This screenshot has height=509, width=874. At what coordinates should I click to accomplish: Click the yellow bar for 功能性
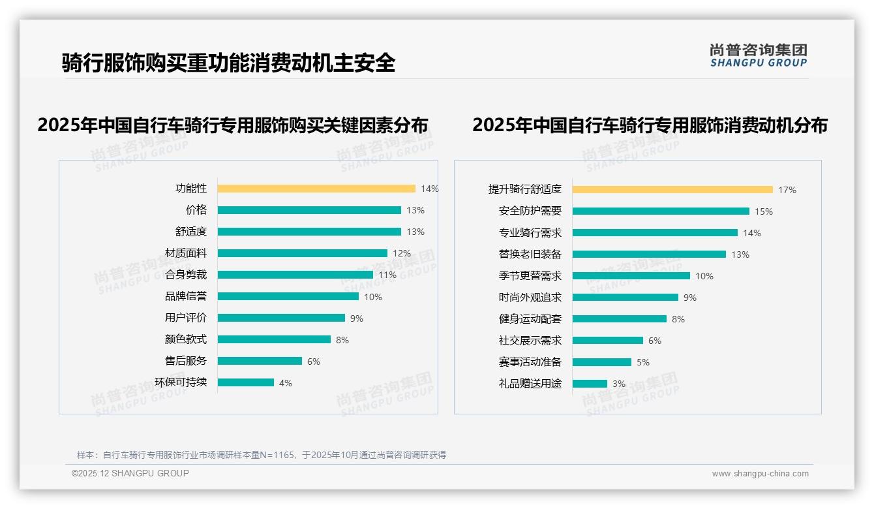pos(316,189)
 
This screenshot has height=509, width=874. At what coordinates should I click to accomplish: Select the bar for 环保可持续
pos(246,382)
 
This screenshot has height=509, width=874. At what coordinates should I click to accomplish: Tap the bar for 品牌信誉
pos(288,296)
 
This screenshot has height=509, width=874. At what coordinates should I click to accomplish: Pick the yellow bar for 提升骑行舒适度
pos(672,189)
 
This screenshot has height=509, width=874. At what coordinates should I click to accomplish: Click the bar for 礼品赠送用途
pos(590,384)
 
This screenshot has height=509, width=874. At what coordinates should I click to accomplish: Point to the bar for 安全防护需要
pos(661,211)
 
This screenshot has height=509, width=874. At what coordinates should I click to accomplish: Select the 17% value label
pos(787,190)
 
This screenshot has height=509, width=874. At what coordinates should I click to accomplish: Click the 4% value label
pos(285,383)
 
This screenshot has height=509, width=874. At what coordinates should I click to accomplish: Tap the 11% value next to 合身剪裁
pos(387,275)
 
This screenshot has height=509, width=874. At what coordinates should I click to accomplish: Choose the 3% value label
pos(618,384)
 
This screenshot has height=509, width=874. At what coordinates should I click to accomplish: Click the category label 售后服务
pos(186,360)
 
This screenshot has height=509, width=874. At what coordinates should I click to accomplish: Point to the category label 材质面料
pos(186,253)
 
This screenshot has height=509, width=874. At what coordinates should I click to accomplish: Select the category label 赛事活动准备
pos(530,362)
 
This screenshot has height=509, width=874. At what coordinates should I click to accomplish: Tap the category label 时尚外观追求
pos(530,297)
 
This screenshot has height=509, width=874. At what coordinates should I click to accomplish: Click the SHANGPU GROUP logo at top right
pos(758,55)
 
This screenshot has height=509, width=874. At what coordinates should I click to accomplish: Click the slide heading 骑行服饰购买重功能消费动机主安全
pos(228,63)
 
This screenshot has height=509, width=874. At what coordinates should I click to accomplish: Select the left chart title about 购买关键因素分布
pos(232,125)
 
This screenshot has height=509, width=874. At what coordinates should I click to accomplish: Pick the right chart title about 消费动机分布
pos(650,125)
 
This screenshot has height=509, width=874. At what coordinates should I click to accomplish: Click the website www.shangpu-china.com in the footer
pos(760,474)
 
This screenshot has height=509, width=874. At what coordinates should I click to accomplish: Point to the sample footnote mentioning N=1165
pos(261,455)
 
